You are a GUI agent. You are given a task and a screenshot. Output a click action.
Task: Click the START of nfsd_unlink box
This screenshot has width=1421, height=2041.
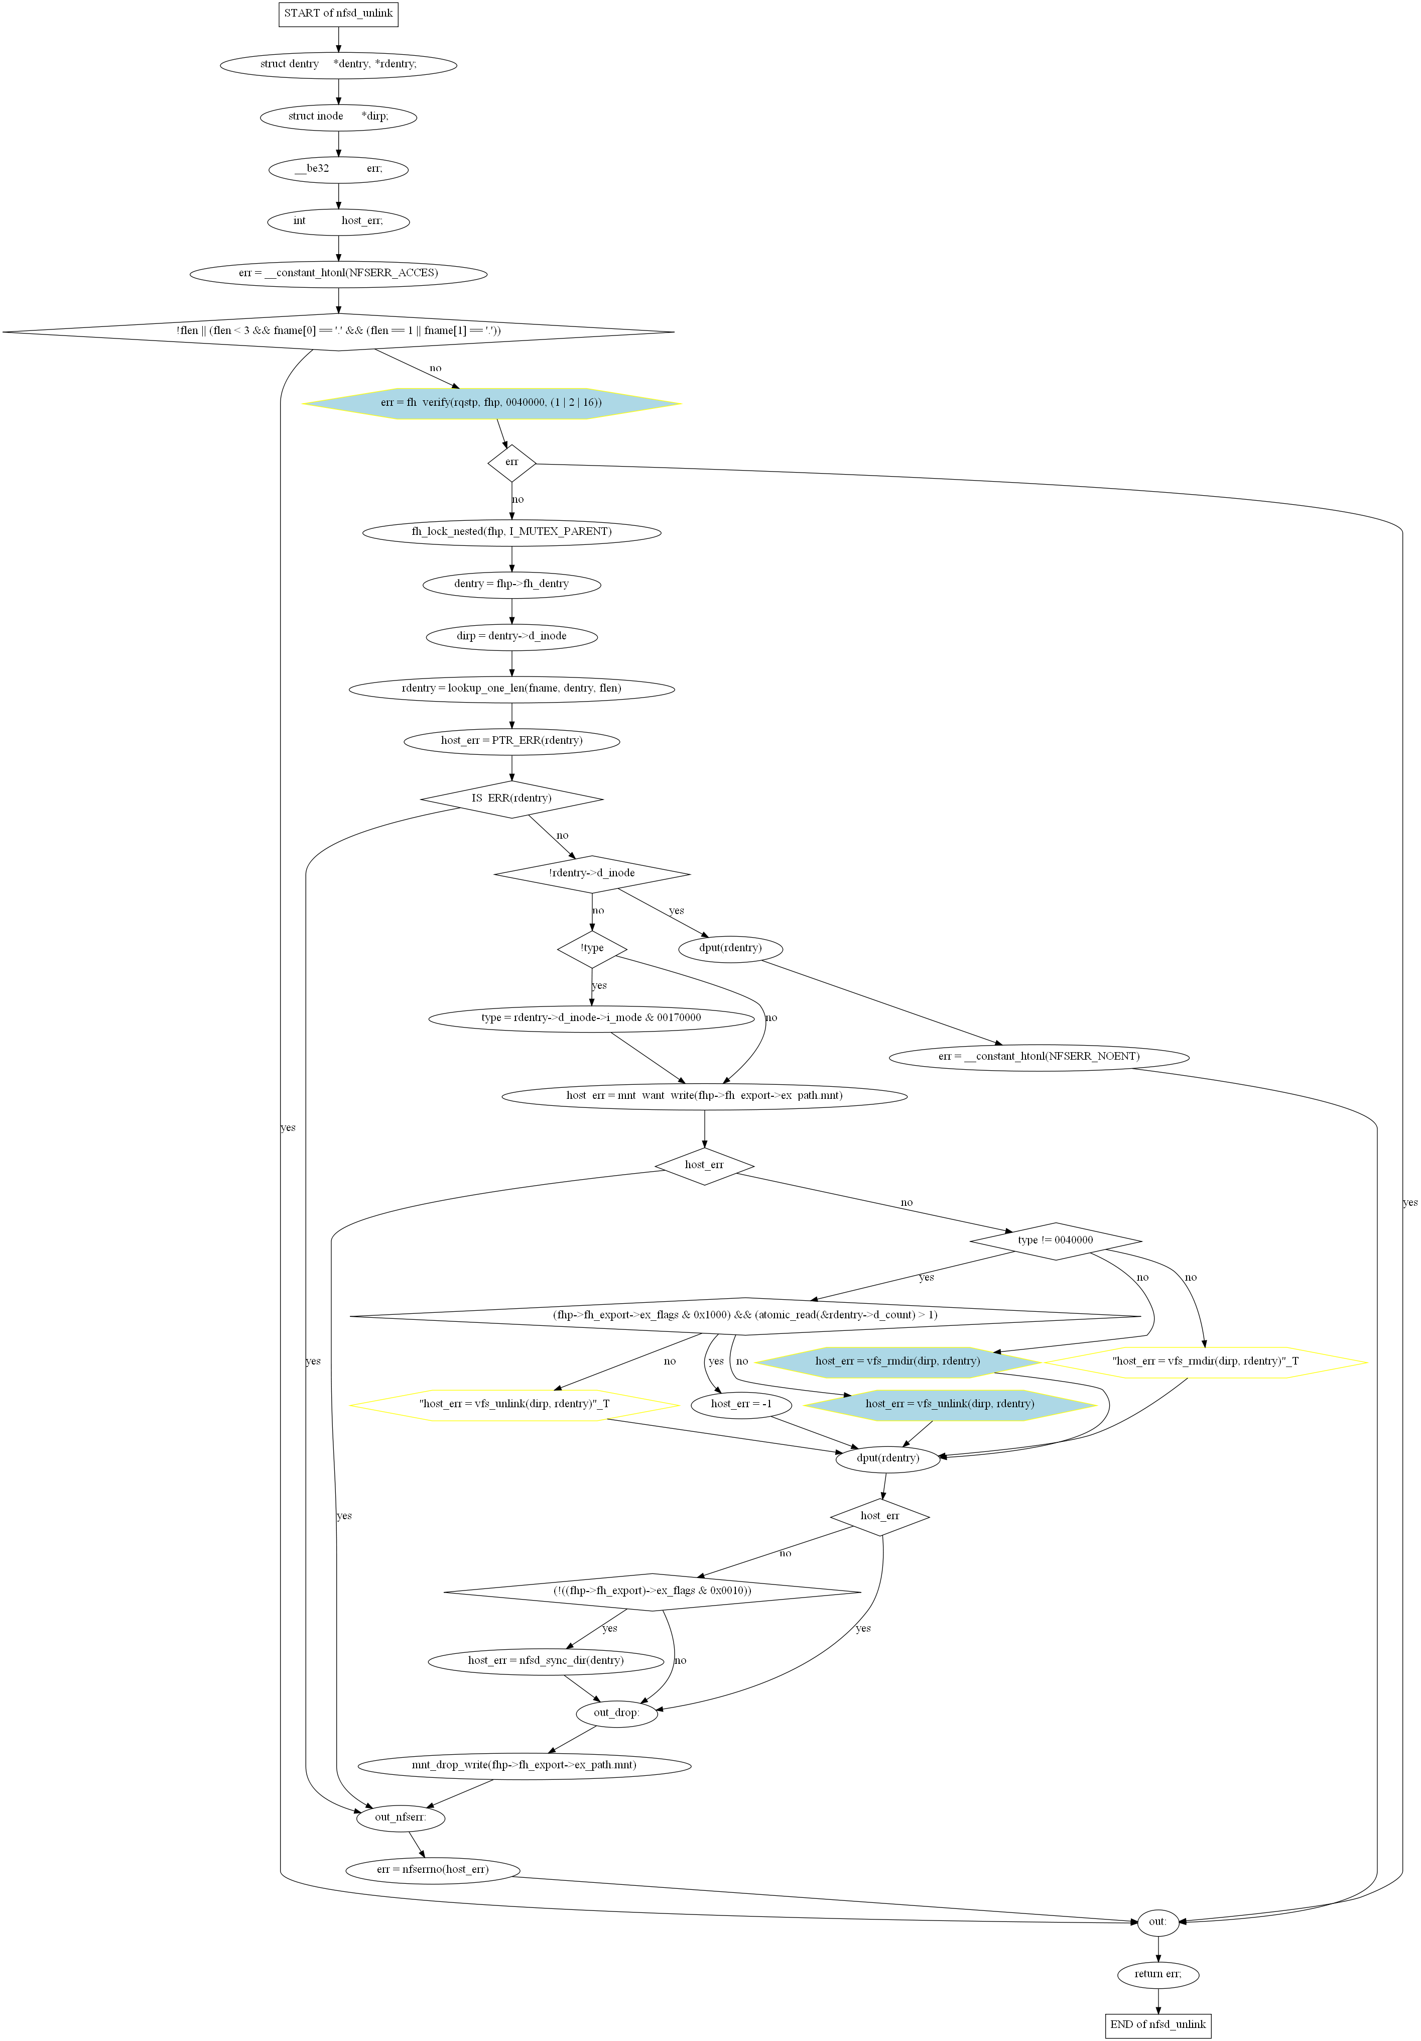[338, 14]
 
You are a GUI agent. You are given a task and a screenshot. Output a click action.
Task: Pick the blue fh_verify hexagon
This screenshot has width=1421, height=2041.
[491, 403]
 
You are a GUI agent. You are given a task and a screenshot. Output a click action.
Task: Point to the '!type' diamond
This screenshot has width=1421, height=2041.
[592, 948]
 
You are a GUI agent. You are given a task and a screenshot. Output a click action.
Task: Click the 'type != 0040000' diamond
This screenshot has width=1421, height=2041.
[1056, 1240]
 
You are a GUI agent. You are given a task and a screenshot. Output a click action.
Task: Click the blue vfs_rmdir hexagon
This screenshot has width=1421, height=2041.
[897, 1361]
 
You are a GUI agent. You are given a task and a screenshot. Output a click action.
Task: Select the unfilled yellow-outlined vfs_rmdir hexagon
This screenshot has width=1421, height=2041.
[1205, 1361]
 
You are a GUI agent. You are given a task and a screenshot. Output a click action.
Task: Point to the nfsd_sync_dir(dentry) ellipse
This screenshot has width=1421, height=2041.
[546, 1660]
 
